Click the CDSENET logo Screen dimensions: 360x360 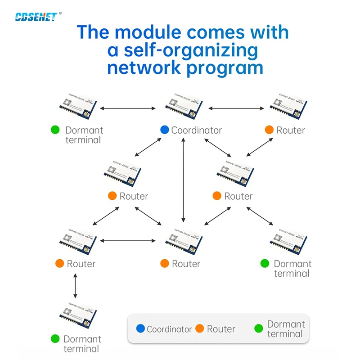click(36, 17)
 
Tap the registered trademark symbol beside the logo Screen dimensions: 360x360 click(60, 13)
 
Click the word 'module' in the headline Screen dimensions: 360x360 click(159, 33)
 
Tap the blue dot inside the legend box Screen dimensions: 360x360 click(140, 329)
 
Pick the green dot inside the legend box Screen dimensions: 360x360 click(258, 329)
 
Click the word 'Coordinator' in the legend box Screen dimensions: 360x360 click(169, 329)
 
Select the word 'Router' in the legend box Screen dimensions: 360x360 click(221, 329)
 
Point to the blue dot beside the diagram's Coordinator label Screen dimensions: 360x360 click(164, 130)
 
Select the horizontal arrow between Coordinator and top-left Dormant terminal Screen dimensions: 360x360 click(127, 108)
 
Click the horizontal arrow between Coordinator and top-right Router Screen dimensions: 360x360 click(236, 108)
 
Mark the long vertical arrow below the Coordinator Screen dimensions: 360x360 click(183, 180)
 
